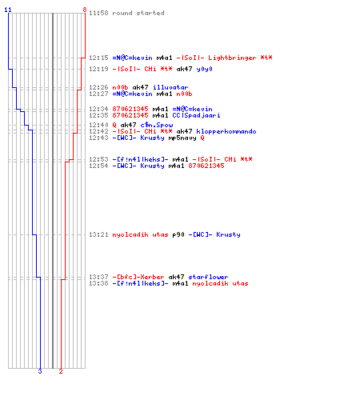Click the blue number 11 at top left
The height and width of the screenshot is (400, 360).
[8, 10]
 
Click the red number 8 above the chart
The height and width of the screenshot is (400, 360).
[85, 10]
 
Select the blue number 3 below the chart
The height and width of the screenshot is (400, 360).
[40, 371]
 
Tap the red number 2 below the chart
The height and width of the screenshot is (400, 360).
[61, 371]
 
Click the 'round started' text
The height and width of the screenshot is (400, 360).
[138, 13]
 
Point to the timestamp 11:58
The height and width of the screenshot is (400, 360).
[98, 13]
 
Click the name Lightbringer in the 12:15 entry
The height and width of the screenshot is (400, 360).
[232, 58]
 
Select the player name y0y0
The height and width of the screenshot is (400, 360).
[204, 69]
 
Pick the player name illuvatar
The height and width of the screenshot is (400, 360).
[170, 87]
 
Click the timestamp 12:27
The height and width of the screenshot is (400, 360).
[98, 94]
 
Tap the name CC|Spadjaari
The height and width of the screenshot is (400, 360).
[196, 115]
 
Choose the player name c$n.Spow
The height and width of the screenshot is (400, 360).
[157, 125]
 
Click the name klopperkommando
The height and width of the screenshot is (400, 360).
[226, 131]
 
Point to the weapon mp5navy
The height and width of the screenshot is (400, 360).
[182, 138]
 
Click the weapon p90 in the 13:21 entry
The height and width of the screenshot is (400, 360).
[178, 234]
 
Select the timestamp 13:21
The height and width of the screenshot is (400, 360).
[98, 234]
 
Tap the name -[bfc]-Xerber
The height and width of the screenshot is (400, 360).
[138, 277]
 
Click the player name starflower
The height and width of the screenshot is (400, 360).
[208, 277]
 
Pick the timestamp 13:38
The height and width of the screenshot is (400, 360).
[98, 283]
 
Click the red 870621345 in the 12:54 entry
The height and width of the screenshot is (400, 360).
[206, 166]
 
